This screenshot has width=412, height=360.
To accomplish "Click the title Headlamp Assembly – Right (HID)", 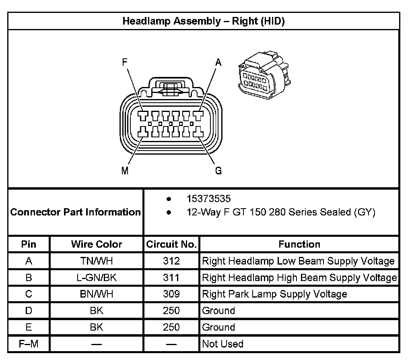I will point(204,21).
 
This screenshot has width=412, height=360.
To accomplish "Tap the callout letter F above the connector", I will point(126,62).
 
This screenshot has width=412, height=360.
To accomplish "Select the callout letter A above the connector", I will point(218,62).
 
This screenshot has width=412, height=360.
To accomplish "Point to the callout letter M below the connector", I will point(125,171).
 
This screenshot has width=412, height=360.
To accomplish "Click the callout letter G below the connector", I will point(218,171).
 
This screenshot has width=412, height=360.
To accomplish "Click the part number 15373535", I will point(208,199).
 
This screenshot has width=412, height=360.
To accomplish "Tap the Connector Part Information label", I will point(76,212).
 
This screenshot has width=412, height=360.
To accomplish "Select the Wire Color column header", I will point(97,244).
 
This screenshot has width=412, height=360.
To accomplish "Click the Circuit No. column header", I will point(171,244).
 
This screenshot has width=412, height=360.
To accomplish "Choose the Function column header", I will point(299,244).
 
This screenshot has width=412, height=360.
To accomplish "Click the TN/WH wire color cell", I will point(97,261).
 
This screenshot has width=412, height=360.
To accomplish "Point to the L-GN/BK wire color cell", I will point(97,278).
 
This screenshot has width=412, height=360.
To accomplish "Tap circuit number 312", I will point(171,261).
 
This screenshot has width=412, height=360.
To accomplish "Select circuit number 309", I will point(171,294).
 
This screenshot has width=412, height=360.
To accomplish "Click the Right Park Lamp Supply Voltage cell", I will point(274,294).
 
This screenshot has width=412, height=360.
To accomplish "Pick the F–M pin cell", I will point(29,344).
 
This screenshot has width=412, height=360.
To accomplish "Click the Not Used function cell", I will point(222,344).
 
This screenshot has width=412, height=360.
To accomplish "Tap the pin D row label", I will point(29,311).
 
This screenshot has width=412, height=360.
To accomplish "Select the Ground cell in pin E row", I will point(218,327).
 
